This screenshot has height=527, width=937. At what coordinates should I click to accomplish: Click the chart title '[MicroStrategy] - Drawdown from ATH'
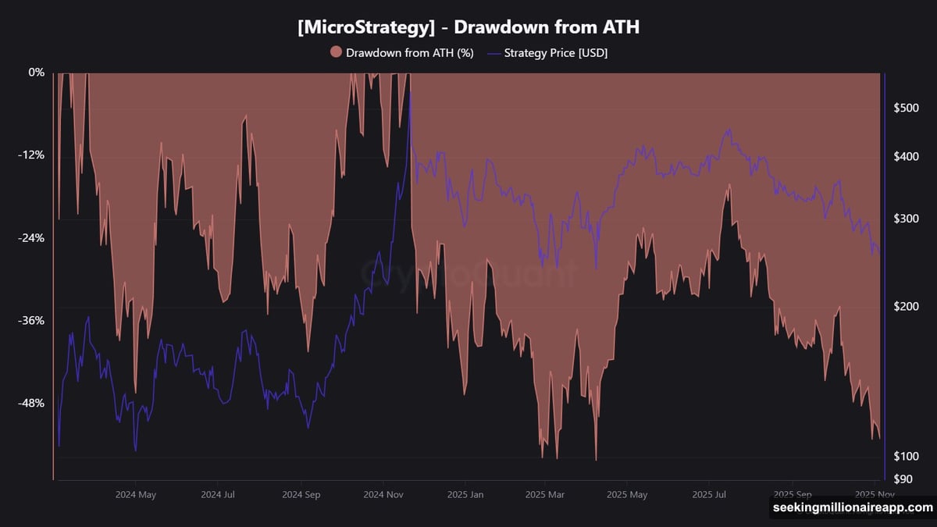coord(468,27)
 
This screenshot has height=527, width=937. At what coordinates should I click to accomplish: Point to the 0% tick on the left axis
coord(37,73)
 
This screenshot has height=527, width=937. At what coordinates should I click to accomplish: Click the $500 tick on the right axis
coord(906,108)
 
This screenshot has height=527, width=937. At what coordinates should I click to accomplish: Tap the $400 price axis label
coord(906,157)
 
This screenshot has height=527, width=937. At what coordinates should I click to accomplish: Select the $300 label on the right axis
coord(906,219)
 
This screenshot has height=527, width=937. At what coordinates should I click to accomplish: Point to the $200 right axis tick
coord(906,307)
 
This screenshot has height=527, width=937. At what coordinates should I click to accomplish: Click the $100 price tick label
coord(906,456)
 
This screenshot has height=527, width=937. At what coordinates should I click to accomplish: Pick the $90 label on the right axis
coord(903,479)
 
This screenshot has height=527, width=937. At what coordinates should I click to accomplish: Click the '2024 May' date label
coord(136,494)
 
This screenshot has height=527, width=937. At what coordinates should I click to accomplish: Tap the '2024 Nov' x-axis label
coord(383,494)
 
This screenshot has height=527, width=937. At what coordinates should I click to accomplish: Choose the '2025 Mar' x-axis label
coord(545,494)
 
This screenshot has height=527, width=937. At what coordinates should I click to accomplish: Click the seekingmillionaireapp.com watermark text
coord(852,508)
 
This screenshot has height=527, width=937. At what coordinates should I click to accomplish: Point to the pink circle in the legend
coord(337,52)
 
